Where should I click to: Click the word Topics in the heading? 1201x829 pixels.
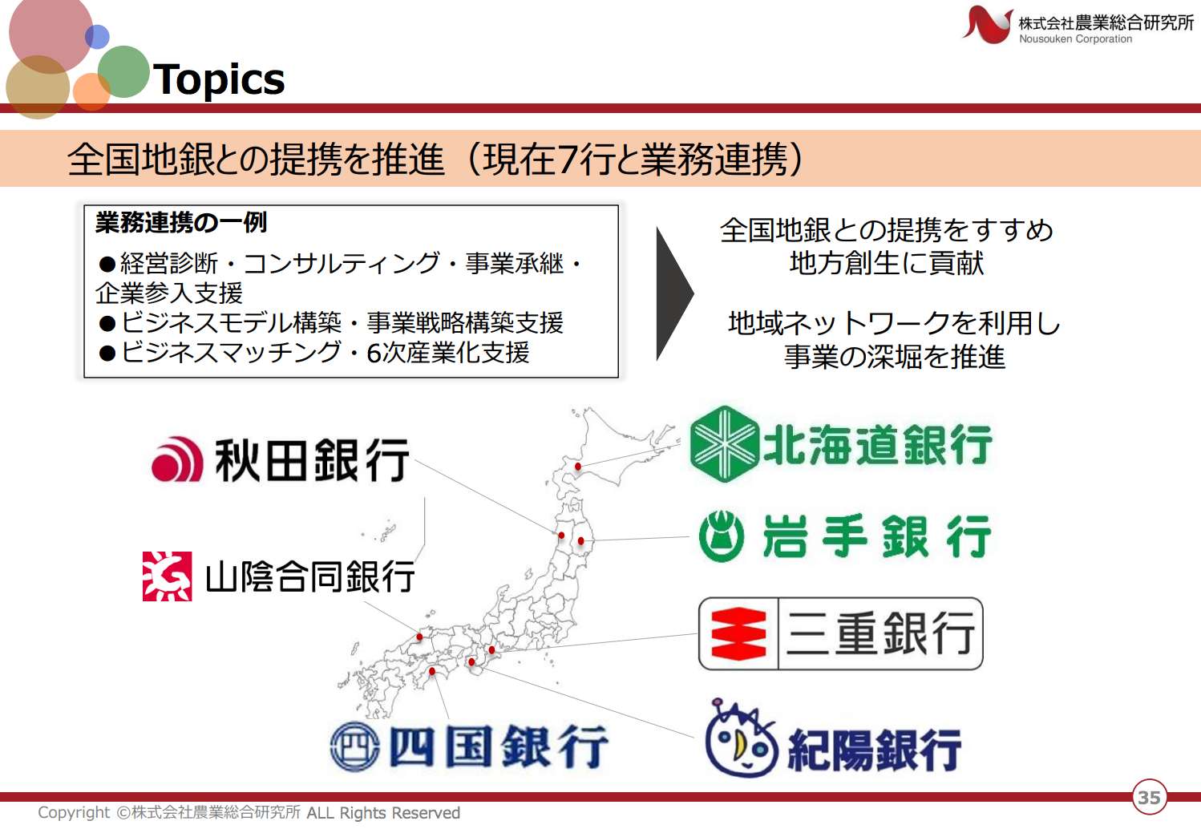219,79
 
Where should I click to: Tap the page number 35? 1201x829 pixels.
1149,798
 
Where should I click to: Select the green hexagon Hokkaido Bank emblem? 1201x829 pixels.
724,443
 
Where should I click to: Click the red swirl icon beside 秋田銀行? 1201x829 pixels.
177,459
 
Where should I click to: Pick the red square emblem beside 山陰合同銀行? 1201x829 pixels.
168,576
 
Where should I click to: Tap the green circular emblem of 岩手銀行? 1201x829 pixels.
722,536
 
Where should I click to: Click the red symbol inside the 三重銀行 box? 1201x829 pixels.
738,633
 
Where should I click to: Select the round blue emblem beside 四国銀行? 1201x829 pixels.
354,746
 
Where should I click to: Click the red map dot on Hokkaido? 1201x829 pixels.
577,467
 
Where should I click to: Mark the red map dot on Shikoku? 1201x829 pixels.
432,671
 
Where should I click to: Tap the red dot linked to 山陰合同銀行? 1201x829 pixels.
420,637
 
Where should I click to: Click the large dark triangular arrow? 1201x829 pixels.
675,293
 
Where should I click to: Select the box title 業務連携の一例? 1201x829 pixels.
181,223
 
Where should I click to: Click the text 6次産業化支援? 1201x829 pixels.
447,353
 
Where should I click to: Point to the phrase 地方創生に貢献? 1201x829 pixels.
887,263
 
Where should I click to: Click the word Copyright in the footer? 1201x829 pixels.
74,813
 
